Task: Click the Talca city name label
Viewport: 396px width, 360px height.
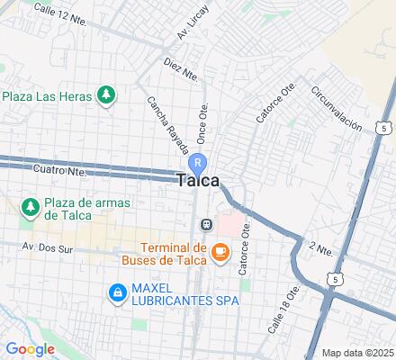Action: point(198,181)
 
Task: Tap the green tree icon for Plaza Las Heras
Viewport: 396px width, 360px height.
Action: point(107,94)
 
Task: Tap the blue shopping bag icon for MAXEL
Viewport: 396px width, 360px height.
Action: point(117,292)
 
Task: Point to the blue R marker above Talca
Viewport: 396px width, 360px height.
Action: point(199,162)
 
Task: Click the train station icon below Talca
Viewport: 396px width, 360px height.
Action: point(206,224)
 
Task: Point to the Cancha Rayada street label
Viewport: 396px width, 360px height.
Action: point(163,126)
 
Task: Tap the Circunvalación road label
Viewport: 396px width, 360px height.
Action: point(336,110)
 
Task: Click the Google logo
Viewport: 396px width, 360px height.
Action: point(30,348)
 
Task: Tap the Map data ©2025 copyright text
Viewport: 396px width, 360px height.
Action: point(357,352)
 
